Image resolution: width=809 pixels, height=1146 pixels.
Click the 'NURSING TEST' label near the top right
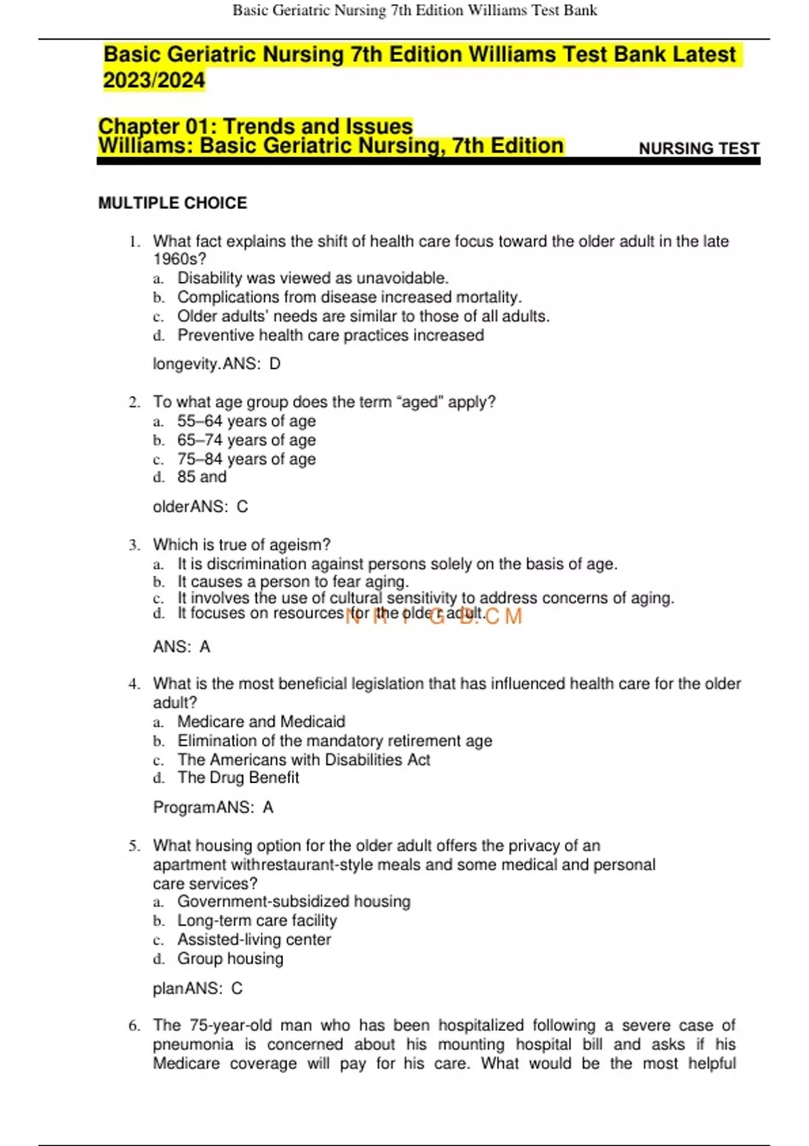tap(698, 148)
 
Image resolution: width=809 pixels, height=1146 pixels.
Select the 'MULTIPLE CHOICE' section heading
tap(173, 203)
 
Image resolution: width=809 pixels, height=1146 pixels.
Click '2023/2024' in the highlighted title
tap(154, 80)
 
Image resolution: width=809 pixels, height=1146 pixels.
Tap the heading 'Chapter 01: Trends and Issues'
tap(256, 126)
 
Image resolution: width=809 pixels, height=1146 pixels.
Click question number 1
tap(135, 241)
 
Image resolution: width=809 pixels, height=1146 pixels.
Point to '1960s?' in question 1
tap(179, 259)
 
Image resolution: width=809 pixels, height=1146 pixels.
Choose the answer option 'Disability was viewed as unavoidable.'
tap(313, 278)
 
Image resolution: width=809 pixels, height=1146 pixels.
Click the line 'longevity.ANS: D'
tap(216, 364)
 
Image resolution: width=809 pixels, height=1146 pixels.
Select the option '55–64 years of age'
tap(246, 421)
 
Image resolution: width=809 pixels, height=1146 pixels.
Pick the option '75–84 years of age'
tap(246, 459)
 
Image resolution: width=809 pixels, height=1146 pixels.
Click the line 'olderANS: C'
tap(200, 506)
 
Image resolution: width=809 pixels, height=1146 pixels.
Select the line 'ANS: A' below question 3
tap(181, 646)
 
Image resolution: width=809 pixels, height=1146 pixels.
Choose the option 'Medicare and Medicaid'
tap(261, 721)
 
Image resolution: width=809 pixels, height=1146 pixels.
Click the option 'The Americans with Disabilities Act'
tap(303, 760)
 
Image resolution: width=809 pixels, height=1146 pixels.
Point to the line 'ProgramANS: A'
tap(213, 807)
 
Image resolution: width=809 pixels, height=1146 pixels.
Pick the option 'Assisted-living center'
tap(254, 939)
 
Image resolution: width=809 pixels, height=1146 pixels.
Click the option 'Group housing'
tap(230, 958)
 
